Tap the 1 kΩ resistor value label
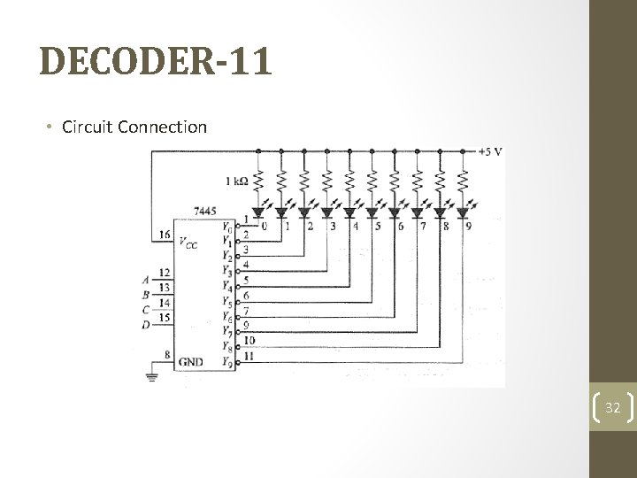pyautogui.click(x=237, y=181)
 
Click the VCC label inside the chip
pyautogui.click(x=188, y=243)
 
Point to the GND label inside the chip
pyautogui.click(x=190, y=361)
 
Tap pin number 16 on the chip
pyautogui.click(x=164, y=235)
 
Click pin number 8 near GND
pyautogui.click(x=166, y=355)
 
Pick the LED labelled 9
pyautogui.click(x=462, y=212)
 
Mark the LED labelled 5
pyautogui.click(x=372, y=212)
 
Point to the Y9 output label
pyautogui.click(x=227, y=361)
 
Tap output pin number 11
pyautogui.click(x=249, y=356)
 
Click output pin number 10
pyautogui.click(x=249, y=340)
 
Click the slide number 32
pyautogui.click(x=612, y=408)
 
